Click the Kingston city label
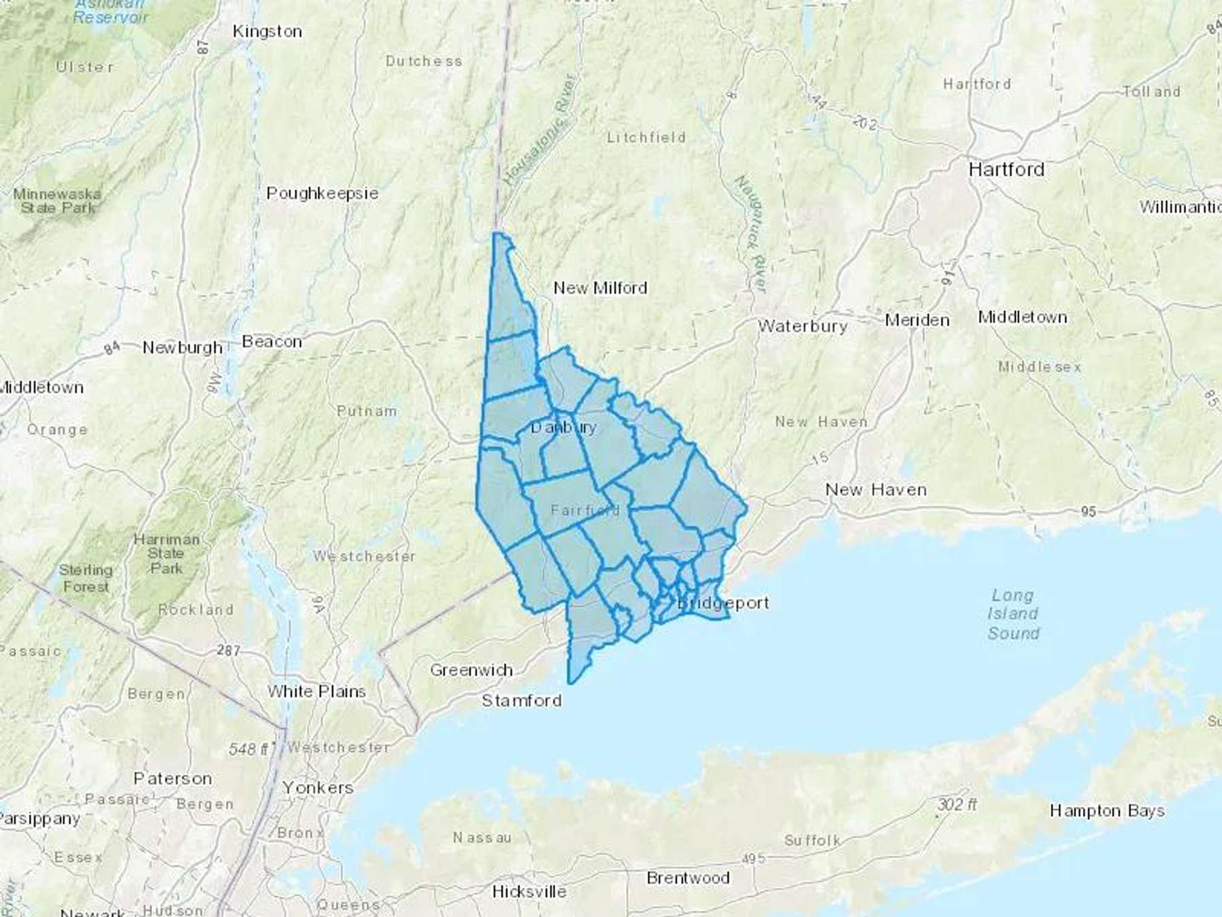(267, 31)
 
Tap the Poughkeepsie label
(322, 194)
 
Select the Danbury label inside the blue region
(563, 427)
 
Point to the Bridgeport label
(724, 603)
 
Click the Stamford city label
(521, 700)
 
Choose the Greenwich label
(471, 670)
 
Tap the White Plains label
(316, 691)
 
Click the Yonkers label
(318, 788)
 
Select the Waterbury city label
(802, 326)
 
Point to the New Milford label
(600, 288)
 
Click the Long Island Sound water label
(1013, 614)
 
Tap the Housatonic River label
(540, 129)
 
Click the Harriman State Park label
(166, 554)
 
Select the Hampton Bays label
(1107, 810)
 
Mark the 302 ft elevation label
(957, 805)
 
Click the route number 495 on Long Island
(754, 859)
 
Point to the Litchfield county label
(646, 137)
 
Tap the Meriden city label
(916, 320)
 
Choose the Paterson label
(172, 778)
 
